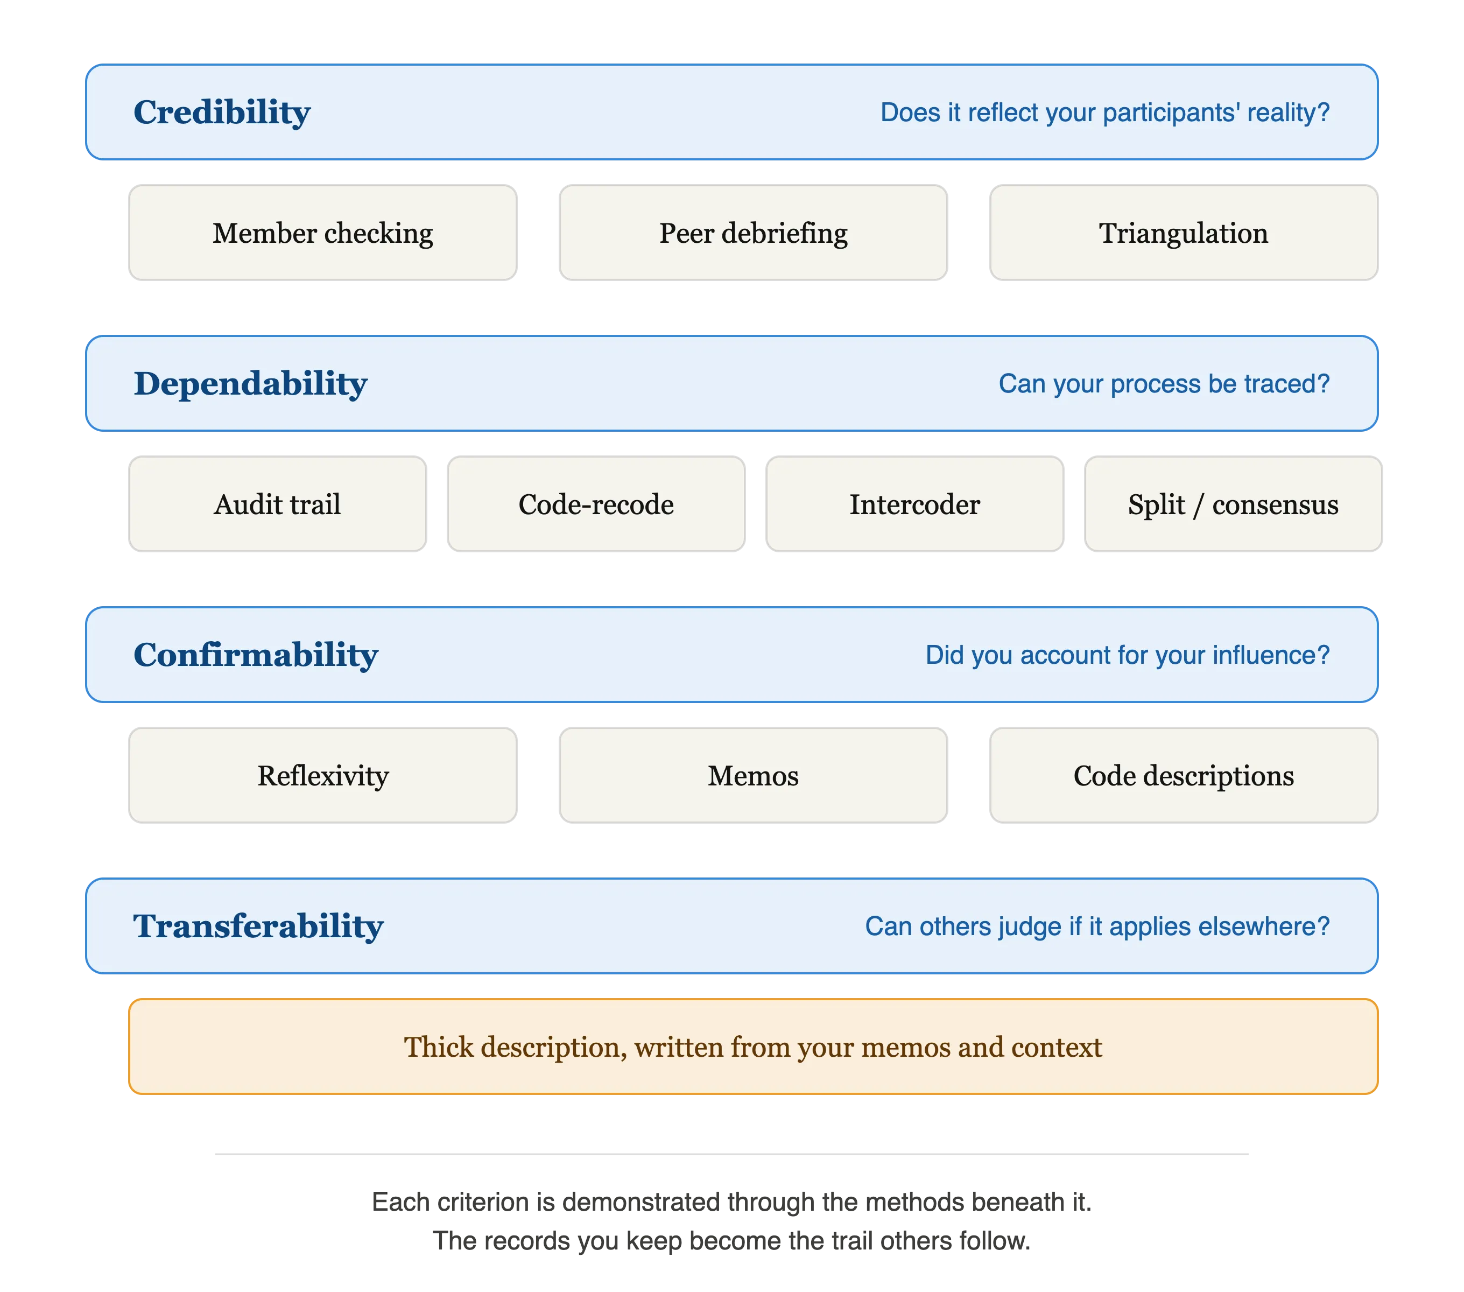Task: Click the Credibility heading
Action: point(222,113)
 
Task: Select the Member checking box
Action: point(322,233)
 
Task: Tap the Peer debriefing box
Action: point(753,233)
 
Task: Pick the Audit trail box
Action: point(277,504)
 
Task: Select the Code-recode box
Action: point(596,504)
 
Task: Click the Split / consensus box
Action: point(1234,504)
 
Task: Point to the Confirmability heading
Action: point(256,655)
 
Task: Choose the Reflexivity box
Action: point(322,776)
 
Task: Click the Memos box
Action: point(753,776)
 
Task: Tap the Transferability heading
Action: point(258,927)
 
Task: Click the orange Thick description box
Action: point(753,1047)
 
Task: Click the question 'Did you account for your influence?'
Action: point(1128,655)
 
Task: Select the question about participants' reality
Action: point(1104,113)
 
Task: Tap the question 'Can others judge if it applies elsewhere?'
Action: point(1097,927)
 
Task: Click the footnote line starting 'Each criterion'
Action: point(731,1202)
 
